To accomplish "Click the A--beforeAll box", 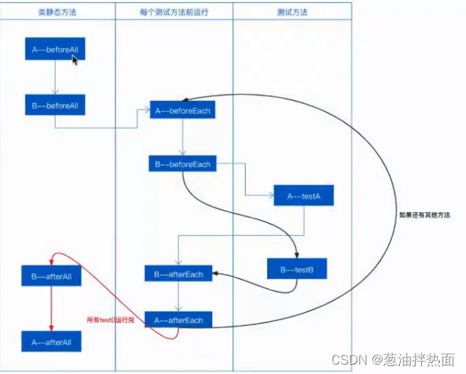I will (55, 50).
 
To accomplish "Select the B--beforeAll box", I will (55, 105).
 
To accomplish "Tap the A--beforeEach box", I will (182, 111).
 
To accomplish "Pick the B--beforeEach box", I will (182, 165).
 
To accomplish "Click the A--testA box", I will (303, 196).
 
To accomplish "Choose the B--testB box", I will (297, 270).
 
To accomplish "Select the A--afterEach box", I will (179, 320).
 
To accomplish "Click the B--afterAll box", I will (51, 275).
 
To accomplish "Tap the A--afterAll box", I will (51, 342).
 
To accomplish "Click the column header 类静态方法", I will (57, 13).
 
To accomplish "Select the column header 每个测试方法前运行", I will (174, 13).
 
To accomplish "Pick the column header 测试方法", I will (292, 13).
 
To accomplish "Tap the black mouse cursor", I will (75, 60).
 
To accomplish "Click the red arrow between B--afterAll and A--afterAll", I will (51, 309).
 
